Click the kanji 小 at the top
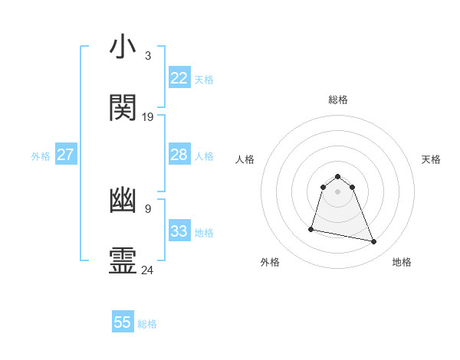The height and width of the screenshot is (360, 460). click(123, 47)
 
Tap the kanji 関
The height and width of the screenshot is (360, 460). click(123, 108)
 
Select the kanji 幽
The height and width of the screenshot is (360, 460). click(123, 200)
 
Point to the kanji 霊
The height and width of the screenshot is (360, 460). click(123, 260)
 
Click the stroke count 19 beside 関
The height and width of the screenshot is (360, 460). click(148, 117)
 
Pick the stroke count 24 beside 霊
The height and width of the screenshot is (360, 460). click(148, 270)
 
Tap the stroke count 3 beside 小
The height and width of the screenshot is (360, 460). click(148, 56)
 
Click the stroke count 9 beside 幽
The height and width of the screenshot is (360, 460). click(148, 208)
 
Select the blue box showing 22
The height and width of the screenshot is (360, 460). click(179, 78)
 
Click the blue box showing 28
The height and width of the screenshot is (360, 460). click(179, 155)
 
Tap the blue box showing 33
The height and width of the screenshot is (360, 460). click(179, 231)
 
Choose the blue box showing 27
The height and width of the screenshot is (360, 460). click(65, 155)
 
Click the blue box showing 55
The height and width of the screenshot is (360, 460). click(123, 322)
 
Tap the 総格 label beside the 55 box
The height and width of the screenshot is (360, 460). click(147, 324)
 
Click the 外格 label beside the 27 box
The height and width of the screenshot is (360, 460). click(41, 156)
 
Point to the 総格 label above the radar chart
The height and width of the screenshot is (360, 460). click(337, 100)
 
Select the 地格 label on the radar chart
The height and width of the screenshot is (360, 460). click(402, 262)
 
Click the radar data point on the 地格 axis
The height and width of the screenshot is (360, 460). click(374, 242)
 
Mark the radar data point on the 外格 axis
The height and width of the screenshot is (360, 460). click(311, 229)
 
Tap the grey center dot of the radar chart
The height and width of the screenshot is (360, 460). click(337, 191)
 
